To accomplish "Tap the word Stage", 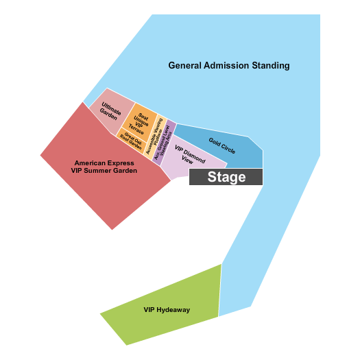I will (x=226, y=178).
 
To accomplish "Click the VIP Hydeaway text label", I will (x=167, y=310).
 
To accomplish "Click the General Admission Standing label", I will (x=229, y=66).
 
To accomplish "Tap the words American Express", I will (x=101, y=163).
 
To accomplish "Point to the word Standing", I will (x=271, y=66).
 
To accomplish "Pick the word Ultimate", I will (x=112, y=108).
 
